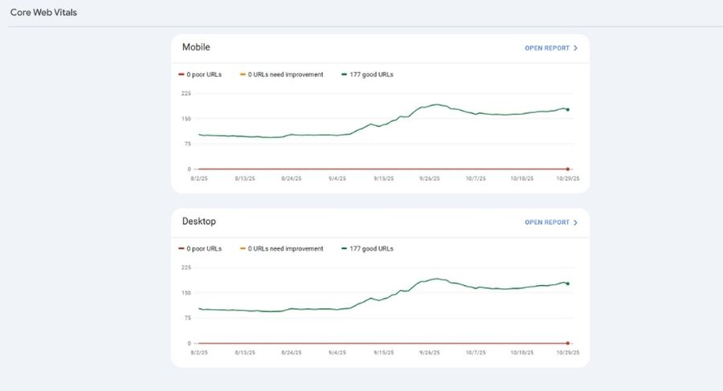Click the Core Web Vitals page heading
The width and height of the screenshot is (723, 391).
click(x=43, y=13)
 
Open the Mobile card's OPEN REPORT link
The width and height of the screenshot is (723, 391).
click(x=550, y=48)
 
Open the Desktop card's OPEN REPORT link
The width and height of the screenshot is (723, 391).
click(x=550, y=222)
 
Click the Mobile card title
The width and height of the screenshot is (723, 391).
click(x=196, y=47)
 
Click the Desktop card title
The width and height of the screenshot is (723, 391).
click(x=198, y=222)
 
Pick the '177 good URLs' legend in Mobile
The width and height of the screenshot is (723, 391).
click(x=370, y=75)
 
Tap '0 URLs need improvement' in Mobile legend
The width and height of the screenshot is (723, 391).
click(x=285, y=75)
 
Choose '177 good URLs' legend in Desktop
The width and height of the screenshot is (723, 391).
click(x=370, y=249)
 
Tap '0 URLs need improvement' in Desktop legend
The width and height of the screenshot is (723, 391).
click(x=285, y=249)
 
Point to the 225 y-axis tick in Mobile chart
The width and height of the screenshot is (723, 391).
click(x=186, y=93)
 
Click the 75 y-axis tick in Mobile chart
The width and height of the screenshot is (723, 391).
click(x=187, y=144)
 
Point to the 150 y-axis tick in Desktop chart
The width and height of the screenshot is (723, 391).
click(x=186, y=292)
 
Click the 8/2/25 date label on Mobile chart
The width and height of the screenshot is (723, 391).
click(x=198, y=178)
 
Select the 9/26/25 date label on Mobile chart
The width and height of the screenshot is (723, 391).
click(x=430, y=178)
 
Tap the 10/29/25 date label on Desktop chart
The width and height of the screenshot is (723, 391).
click(x=567, y=352)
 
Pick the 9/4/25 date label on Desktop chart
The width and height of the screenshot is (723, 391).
click(x=337, y=352)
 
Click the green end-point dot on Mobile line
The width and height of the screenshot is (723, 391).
click(x=568, y=109)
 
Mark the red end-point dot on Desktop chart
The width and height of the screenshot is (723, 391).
click(x=568, y=343)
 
